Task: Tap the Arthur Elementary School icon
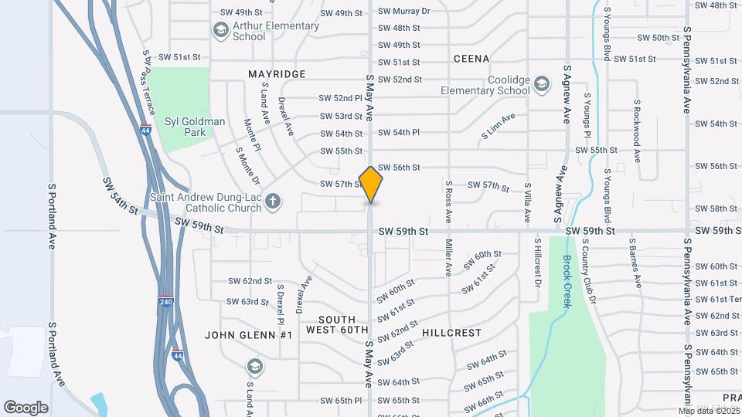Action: click(221, 30)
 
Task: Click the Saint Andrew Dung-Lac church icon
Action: click(271, 202)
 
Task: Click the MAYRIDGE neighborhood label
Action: click(277, 74)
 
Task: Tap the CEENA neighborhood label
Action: click(471, 59)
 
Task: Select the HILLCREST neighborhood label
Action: click(451, 333)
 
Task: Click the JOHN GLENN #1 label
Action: click(248, 335)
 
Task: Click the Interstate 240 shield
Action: click(165, 300)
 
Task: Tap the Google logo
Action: click(26, 407)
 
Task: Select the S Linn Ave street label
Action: click(497, 127)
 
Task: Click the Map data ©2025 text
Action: click(706, 411)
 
